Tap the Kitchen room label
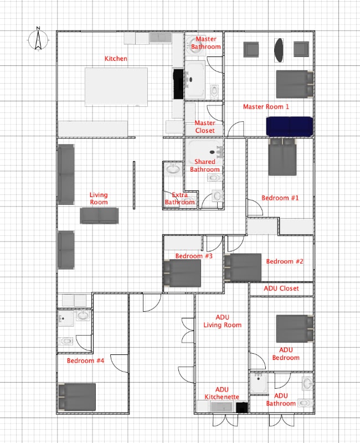point(116,59)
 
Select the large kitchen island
point(116,87)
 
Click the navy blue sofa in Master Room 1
point(290,126)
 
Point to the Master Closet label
point(205,127)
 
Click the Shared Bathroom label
point(205,166)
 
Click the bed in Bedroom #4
point(78,397)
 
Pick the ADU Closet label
point(281,289)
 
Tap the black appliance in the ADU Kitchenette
point(241,408)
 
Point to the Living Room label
point(99,199)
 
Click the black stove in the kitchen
point(178,84)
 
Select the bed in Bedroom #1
point(283,157)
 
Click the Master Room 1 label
point(266,106)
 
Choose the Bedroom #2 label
point(283,261)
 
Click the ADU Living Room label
point(222,321)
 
